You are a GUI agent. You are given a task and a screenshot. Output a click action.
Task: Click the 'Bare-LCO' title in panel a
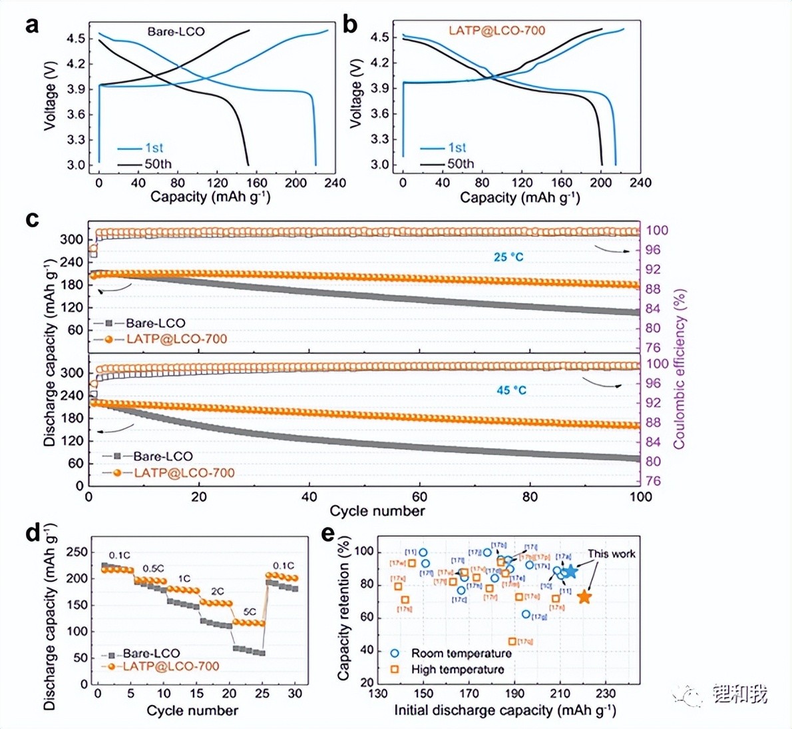[176, 31]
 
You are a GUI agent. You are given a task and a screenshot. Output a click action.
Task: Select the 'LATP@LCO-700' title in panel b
[496, 31]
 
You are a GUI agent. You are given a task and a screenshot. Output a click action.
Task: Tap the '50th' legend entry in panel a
[158, 164]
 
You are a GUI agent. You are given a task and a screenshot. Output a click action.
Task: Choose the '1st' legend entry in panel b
[457, 147]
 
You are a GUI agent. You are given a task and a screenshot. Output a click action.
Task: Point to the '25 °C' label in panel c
[509, 257]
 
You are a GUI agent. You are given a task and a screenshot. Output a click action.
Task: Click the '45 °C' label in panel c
[511, 390]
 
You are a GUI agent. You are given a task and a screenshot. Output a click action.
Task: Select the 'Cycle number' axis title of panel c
[377, 511]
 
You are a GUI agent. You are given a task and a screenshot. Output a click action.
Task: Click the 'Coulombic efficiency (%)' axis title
[679, 368]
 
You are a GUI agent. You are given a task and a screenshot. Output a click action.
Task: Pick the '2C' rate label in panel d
[218, 592]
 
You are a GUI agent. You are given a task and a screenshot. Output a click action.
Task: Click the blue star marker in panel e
[569, 572]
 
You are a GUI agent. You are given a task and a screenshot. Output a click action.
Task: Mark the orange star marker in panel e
[584, 597]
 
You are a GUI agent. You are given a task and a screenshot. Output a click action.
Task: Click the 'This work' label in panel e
[611, 554]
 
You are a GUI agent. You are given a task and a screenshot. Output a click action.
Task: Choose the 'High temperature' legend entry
[457, 669]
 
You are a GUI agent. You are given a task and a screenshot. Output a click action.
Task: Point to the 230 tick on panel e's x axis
[605, 694]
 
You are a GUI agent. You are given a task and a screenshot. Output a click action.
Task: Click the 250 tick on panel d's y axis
[79, 552]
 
